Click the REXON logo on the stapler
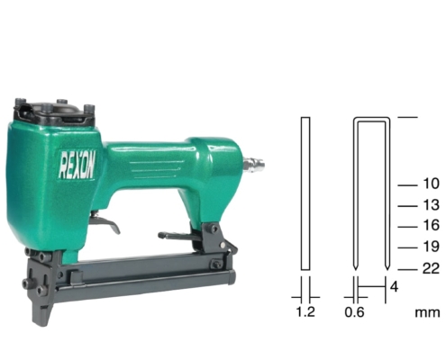[77, 165]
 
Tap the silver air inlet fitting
[253, 163]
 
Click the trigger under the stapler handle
[105, 223]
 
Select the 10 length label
[431, 184]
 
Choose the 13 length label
[431, 205]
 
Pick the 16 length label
[431, 225]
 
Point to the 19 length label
[431, 247]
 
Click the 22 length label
[431, 268]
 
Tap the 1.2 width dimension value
[305, 311]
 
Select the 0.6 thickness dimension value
[354, 312]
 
